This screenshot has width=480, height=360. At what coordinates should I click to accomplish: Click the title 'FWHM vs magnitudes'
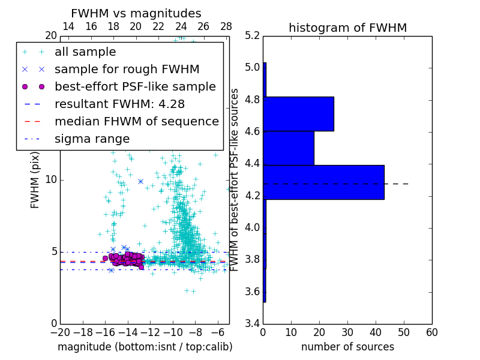[136, 13]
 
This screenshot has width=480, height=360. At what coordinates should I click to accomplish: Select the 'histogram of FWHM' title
[347, 28]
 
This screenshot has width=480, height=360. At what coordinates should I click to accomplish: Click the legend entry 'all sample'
[85, 52]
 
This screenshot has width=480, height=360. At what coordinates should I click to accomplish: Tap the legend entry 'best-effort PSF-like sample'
[135, 86]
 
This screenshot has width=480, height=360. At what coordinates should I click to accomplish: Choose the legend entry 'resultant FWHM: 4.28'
[119, 104]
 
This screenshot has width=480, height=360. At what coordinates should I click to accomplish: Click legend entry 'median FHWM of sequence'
[136, 121]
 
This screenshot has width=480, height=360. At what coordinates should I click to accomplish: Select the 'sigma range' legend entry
[92, 139]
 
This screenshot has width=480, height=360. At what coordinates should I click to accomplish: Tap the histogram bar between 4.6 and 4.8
[298, 113]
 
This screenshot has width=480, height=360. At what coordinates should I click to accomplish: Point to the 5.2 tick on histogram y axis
[253, 35]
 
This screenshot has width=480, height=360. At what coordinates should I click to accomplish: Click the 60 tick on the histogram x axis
[431, 332]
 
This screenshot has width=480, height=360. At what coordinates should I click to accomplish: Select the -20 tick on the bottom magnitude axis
[60, 332]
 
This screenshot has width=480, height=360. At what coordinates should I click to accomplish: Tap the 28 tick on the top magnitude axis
[226, 26]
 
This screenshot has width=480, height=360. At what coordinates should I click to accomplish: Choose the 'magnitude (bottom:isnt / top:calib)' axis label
[145, 347]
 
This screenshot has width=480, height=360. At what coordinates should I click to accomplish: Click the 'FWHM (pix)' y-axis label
[35, 179]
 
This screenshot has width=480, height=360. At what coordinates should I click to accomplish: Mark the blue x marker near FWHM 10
[140, 181]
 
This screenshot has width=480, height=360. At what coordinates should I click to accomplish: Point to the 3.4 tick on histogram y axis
[253, 323]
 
